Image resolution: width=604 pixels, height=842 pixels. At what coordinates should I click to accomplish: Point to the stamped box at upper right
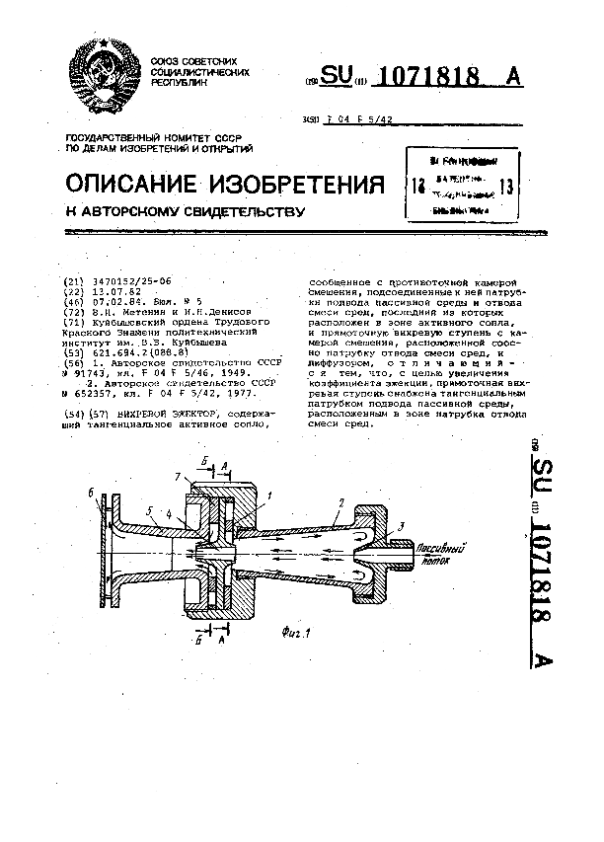tap(463, 184)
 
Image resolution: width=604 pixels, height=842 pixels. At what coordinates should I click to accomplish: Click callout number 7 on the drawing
tap(179, 478)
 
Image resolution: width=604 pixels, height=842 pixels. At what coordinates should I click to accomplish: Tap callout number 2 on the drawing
tap(339, 503)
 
